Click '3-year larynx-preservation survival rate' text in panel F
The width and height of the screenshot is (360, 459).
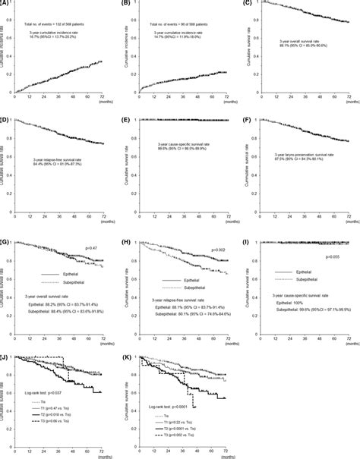pyautogui.click(x=301, y=179)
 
